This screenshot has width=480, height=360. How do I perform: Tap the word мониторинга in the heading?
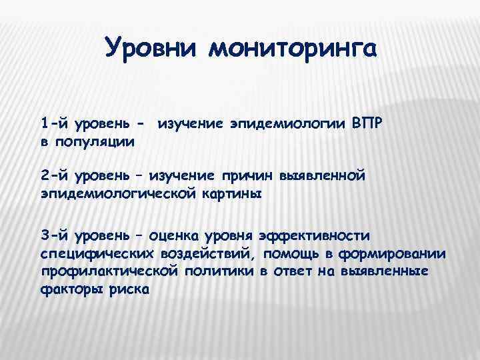pos(293,49)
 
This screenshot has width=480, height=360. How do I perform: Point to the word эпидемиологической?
pos(123,193)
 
